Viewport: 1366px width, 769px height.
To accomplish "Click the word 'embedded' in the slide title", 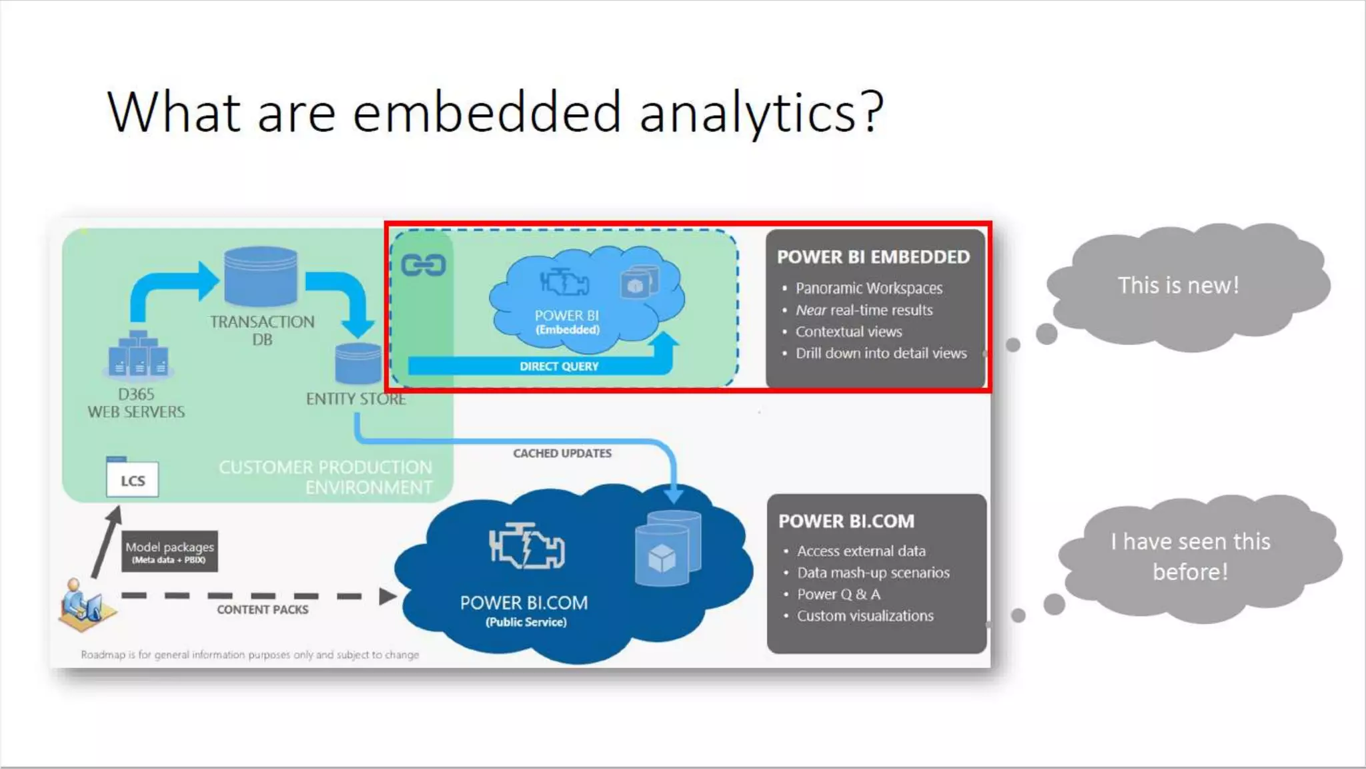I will click(x=487, y=112).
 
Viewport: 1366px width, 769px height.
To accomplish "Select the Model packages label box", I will click(x=169, y=551).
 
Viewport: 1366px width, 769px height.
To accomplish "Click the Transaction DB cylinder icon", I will click(x=261, y=276).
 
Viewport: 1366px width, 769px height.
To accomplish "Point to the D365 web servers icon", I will click(x=139, y=354).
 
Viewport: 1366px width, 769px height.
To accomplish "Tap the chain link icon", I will click(x=423, y=266).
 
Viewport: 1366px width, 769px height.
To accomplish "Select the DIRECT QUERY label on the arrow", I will click(x=559, y=366).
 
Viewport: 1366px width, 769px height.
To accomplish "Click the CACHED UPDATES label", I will click(x=562, y=453).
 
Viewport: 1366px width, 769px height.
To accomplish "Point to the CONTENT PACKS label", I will click(x=262, y=609).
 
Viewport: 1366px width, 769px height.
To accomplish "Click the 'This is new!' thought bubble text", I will click(x=1178, y=286).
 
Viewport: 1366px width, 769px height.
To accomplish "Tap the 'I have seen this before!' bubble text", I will click(x=1191, y=556).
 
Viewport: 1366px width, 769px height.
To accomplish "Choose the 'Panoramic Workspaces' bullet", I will click(x=868, y=288).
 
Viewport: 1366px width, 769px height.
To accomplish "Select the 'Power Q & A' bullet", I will click(x=838, y=594).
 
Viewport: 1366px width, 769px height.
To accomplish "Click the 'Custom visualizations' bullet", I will click(x=865, y=615).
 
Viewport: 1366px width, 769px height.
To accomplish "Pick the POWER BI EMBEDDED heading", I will click(x=873, y=257).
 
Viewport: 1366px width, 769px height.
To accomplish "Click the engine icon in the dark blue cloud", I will click(x=527, y=546).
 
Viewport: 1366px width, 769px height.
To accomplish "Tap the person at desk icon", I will click(x=84, y=605).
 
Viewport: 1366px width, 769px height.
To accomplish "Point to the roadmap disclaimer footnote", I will click(x=250, y=655).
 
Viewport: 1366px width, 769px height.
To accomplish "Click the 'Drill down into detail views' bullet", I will click(x=880, y=353).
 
